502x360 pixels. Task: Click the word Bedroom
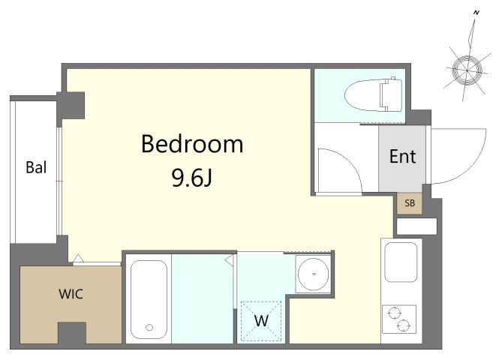pos(192,144)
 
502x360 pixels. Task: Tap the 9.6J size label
pos(192,178)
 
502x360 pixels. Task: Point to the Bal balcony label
pos(36,167)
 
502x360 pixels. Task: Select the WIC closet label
pos(71,294)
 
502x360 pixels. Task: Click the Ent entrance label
pos(402,157)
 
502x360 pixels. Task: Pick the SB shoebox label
pos(410,203)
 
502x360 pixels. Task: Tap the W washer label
pos(261,320)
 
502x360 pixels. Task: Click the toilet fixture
pos(373,94)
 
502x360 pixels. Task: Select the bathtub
pos(149,299)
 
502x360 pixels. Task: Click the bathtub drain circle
pos(149,327)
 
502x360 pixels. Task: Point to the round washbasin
pos(313,274)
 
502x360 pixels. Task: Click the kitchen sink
pos(401,262)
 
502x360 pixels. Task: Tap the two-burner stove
pos(399,319)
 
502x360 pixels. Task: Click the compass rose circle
pos(467,70)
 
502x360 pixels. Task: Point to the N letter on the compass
pos(476,13)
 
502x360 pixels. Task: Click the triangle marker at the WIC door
pos(79,258)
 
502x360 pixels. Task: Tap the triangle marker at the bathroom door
pos(229,260)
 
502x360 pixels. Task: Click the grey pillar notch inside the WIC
pos(72,333)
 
